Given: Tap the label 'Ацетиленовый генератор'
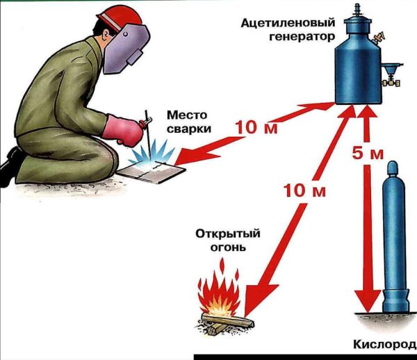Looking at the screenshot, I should (296, 28).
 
